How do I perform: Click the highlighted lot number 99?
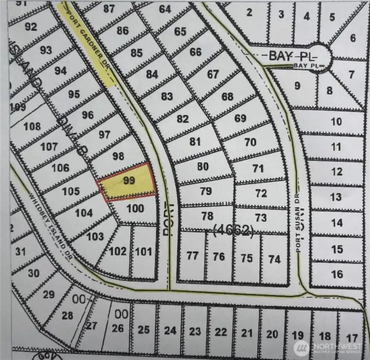[129, 180]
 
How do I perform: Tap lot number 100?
[135, 209]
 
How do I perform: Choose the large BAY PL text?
[291, 55]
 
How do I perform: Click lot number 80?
[203, 166]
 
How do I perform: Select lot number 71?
[258, 168]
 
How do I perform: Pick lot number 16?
[337, 274]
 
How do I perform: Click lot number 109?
[17, 107]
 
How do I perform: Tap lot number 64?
[165, 9]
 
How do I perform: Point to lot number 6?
[353, 38]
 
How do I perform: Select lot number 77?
[193, 255]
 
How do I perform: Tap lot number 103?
[95, 237]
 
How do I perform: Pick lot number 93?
[46, 50]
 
